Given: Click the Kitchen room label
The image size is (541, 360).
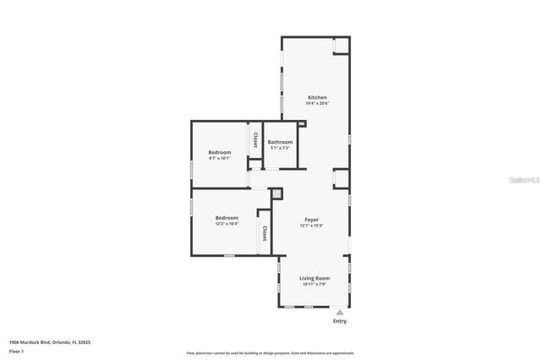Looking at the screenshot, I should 316,97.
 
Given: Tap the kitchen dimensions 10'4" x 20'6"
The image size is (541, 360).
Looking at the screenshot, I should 316,103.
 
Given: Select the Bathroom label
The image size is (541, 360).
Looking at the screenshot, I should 280,142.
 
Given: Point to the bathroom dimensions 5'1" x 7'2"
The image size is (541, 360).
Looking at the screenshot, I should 280,148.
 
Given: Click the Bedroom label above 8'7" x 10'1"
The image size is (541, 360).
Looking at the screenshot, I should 220,152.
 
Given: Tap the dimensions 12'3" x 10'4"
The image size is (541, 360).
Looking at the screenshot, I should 226,224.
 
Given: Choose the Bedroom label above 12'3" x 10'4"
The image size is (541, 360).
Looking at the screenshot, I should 226,217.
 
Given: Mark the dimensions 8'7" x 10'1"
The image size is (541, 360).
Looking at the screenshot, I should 220,158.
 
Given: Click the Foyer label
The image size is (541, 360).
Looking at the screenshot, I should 311,221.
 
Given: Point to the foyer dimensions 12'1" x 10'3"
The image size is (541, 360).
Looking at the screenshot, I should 311,226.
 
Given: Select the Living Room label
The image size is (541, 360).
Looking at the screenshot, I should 314,278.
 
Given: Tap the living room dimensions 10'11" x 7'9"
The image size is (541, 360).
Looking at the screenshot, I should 314,284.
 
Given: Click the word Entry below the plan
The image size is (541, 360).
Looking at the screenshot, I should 340,321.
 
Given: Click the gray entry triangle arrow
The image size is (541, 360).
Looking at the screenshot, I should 340,312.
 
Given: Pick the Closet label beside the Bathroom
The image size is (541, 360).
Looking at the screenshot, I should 254,139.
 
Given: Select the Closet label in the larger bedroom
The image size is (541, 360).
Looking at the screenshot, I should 265,233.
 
